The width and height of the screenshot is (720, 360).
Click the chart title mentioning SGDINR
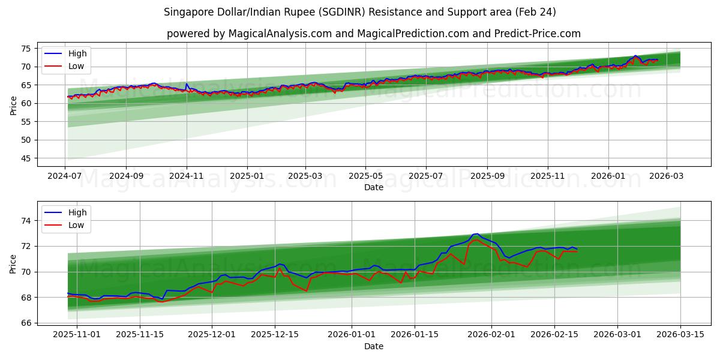360,12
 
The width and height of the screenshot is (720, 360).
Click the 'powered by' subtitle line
373,34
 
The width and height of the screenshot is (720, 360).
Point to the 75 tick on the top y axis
25,49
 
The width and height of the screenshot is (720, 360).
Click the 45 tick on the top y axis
25,158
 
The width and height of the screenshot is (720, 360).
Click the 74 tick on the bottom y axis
25,221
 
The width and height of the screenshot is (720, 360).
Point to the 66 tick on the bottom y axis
25,323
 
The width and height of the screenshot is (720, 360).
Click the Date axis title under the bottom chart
373,347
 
